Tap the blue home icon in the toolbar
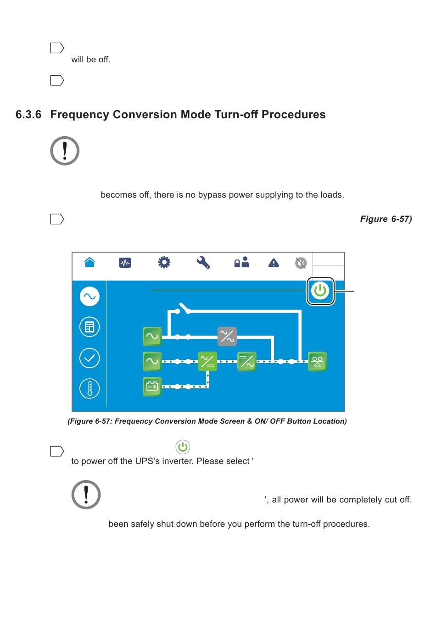point(89,262)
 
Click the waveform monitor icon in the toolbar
point(125,263)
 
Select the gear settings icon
point(164,262)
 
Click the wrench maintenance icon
point(203,262)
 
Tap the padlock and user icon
point(241,262)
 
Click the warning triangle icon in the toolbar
point(274,263)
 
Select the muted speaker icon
point(301,263)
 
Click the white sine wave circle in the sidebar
point(89,297)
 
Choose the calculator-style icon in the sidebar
point(89,327)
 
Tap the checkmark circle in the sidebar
point(89,358)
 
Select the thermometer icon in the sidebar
point(89,389)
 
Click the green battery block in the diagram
point(152,387)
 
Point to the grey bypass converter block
point(227,336)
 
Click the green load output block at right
point(317,361)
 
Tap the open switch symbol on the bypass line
point(184,309)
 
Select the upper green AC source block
point(152,336)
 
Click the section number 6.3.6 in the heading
point(28,115)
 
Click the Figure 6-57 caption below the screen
point(207,421)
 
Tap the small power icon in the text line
point(183,447)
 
